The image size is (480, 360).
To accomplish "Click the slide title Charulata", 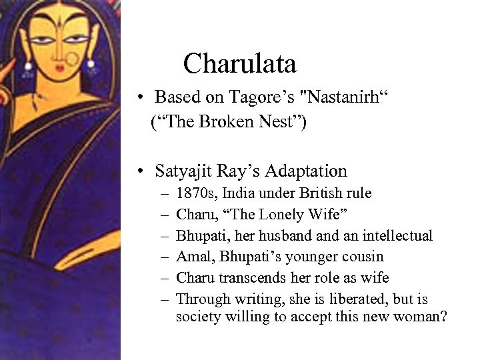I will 239,64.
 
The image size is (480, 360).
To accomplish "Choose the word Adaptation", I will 306,171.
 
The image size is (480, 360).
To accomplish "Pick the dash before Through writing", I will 164,298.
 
